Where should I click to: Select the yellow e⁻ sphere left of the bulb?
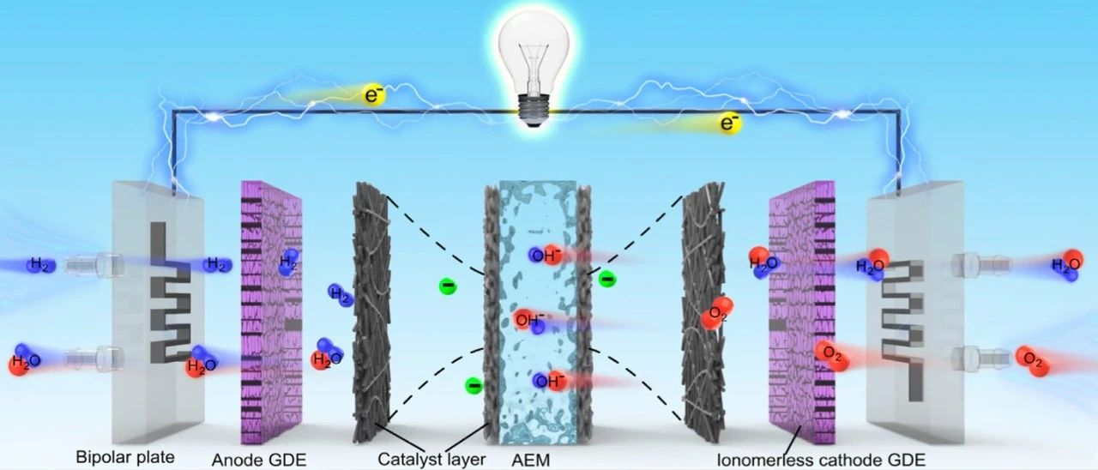coord(374,95)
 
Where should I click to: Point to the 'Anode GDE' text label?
coord(258,460)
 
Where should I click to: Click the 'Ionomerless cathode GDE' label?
coord(821,460)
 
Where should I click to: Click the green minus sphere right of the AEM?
coord(606,278)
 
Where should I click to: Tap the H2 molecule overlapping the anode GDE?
coord(288,262)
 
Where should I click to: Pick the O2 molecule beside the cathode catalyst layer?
coord(716,314)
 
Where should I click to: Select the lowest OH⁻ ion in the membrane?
coord(549,380)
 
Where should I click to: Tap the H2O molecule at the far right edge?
coord(1066,267)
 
